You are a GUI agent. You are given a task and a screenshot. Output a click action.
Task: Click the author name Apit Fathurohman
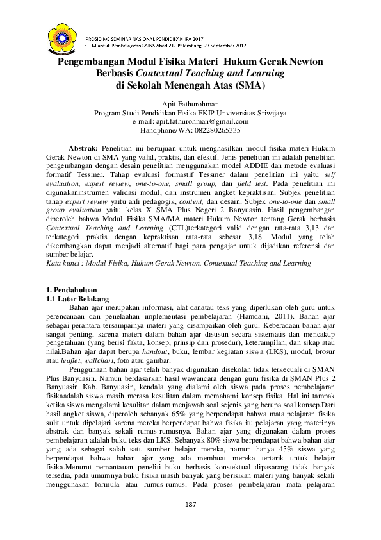pos(190,103)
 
